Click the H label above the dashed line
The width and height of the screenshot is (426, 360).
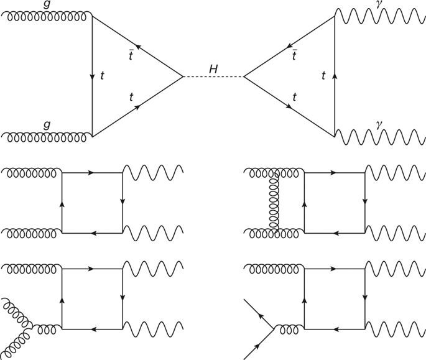(x=213, y=69)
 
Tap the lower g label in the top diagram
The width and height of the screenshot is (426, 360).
(x=47, y=125)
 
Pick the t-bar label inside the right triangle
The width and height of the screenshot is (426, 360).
(x=294, y=57)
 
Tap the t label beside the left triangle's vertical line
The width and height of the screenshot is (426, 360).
(x=102, y=76)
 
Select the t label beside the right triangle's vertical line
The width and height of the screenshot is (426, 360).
(x=323, y=76)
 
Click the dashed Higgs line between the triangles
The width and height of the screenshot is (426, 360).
(x=213, y=77)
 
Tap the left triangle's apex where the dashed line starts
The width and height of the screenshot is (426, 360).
(x=183, y=77)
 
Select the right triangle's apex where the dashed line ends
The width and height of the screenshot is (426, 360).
(x=243, y=77)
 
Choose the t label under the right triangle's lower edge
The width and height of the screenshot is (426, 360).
(x=294, y=97)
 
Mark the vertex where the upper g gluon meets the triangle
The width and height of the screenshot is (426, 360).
(x=92, y=17)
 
